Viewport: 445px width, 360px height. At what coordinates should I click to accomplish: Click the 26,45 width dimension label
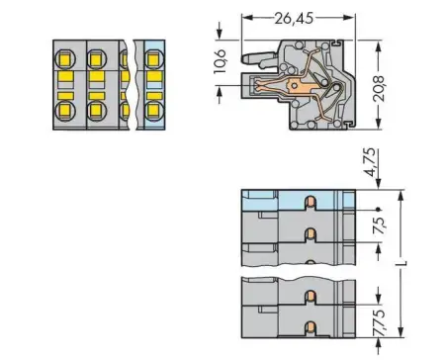pos(297,17)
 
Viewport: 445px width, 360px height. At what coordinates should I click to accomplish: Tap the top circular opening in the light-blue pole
pos(153,56)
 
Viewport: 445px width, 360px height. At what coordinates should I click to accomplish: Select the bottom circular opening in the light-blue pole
pos(153,109)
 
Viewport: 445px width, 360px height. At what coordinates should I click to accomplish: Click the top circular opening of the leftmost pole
pos(65,56)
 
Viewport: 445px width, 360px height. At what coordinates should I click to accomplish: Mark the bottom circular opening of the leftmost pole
pos(65,109)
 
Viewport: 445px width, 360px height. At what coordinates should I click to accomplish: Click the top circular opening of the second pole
pos(98,56)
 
